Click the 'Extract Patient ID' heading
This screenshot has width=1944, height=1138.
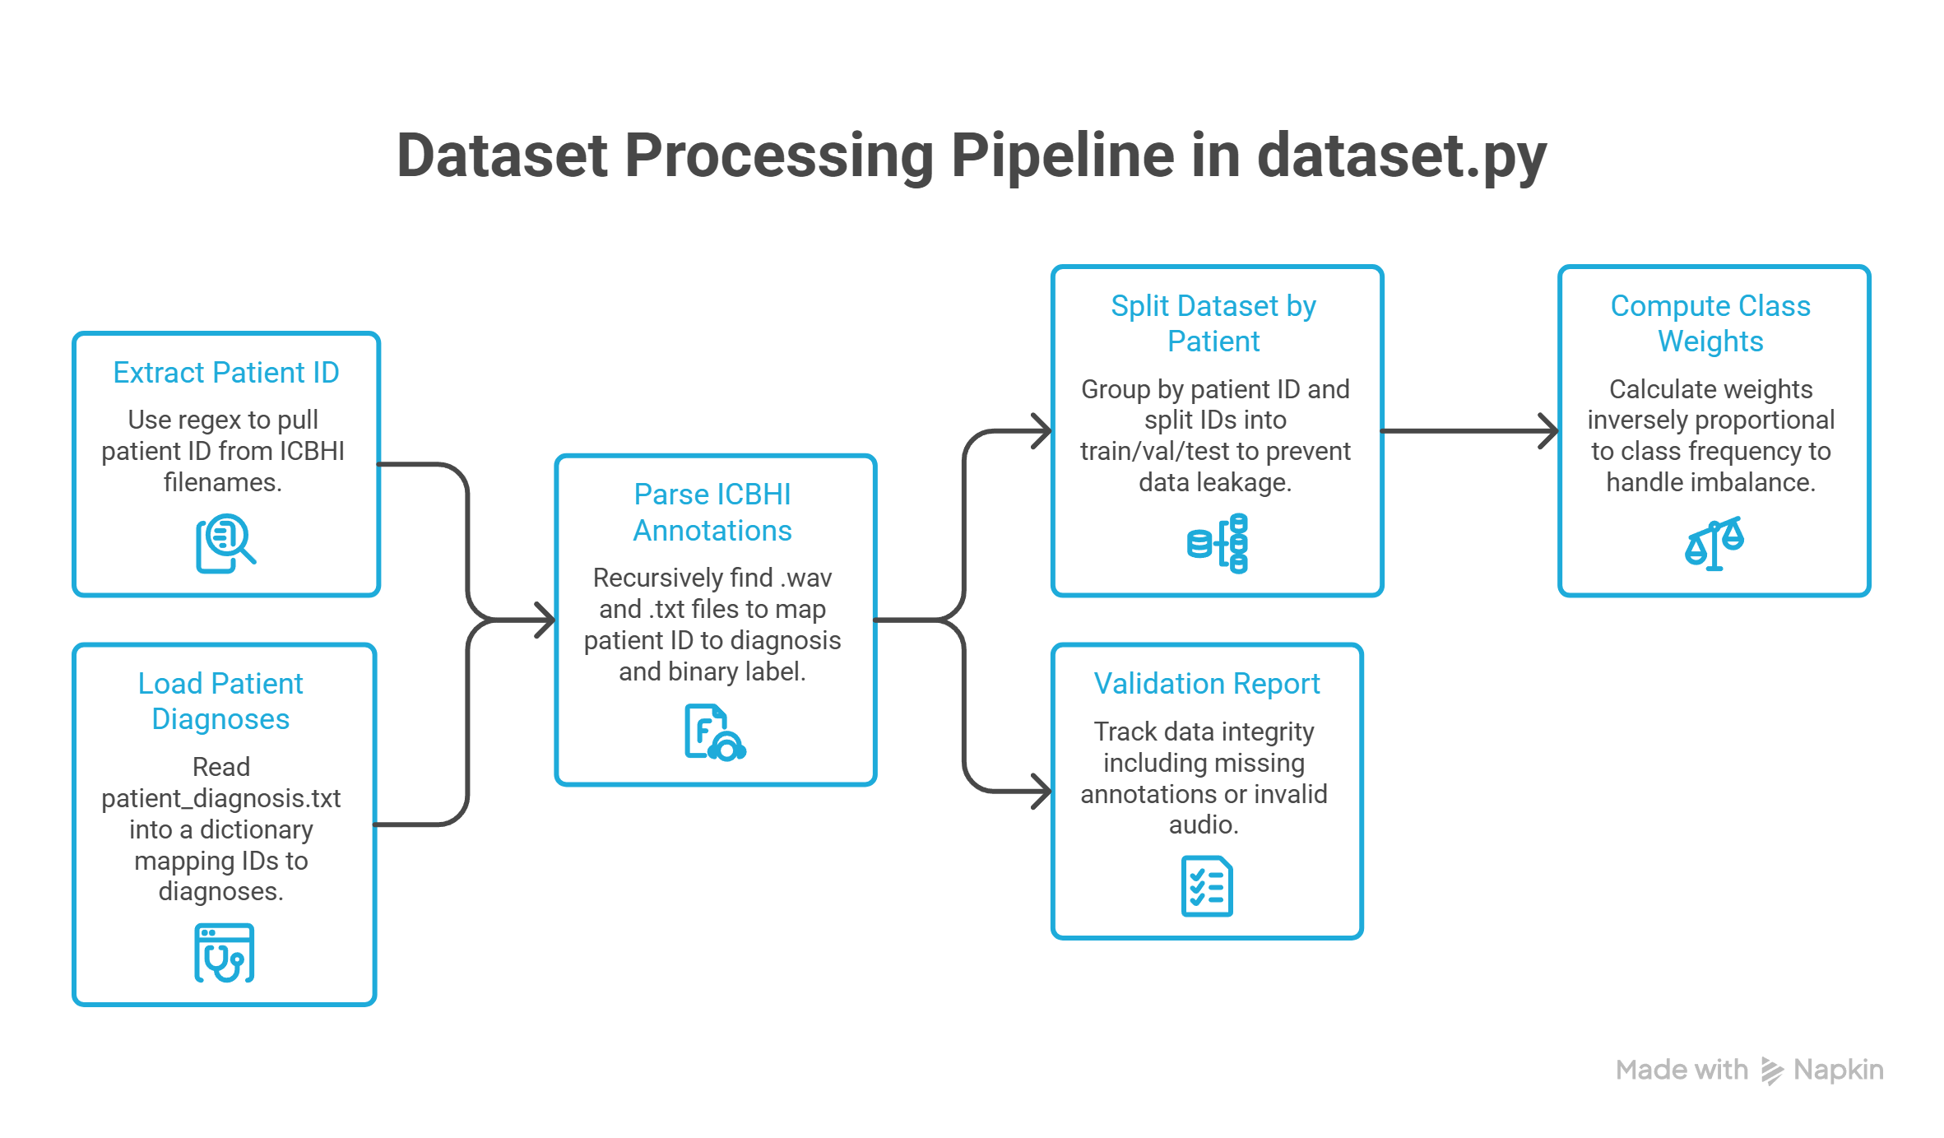[226, 373]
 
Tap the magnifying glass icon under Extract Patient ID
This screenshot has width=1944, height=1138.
[225, 543]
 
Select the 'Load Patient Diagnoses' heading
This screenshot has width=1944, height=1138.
[220, 701]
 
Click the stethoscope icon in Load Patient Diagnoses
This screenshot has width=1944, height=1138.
[225, 953]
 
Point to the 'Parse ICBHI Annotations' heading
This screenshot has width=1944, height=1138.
[712, 513]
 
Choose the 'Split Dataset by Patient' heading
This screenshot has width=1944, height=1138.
[1213, 323]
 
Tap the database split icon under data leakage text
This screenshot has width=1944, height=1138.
[1218, 543]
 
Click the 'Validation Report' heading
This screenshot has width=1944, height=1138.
[1207, 684]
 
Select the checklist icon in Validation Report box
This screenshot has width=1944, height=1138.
[1207, 886]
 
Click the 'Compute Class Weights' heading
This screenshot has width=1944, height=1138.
[1710, 323]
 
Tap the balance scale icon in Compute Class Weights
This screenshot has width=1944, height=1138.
[1714, 543]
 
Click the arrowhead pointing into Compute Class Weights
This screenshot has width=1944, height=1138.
[1549, 430]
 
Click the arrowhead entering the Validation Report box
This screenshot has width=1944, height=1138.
[1043, 792]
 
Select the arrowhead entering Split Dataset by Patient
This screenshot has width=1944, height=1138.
[1043, 430]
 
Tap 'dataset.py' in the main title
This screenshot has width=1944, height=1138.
[1402, 156]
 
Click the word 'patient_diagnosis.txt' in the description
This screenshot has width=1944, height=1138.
[221, 799]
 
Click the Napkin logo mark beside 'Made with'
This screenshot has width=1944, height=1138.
[1772, 1071]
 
